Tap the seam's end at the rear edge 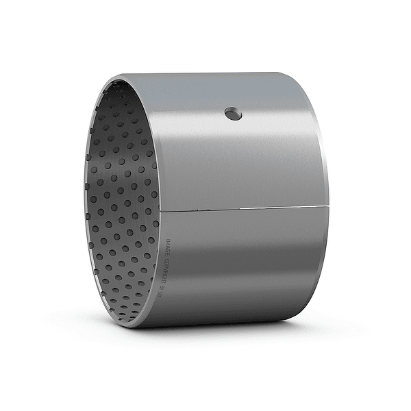coord(328,204)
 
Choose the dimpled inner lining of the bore coord(120,206)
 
